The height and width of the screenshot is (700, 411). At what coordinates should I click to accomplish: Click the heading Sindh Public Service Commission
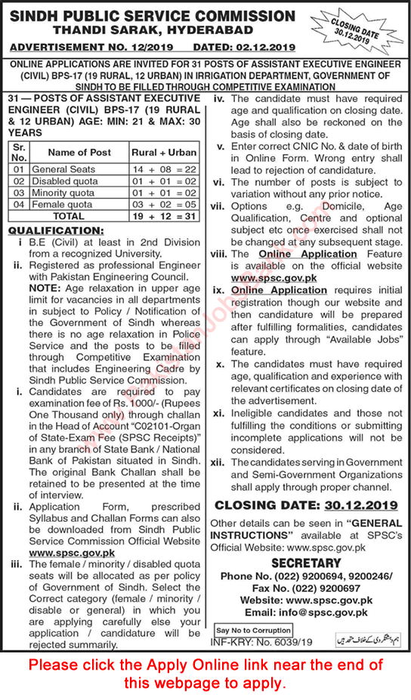[152, 16]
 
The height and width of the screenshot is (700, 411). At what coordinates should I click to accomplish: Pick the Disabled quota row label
[64, 181]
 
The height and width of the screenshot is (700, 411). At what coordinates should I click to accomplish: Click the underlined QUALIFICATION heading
[54, 230]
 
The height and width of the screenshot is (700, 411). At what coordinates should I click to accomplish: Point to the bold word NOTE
[45, 277]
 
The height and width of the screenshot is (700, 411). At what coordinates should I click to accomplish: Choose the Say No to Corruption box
[253, 630]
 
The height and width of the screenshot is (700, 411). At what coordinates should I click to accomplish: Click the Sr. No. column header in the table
[19, 153]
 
